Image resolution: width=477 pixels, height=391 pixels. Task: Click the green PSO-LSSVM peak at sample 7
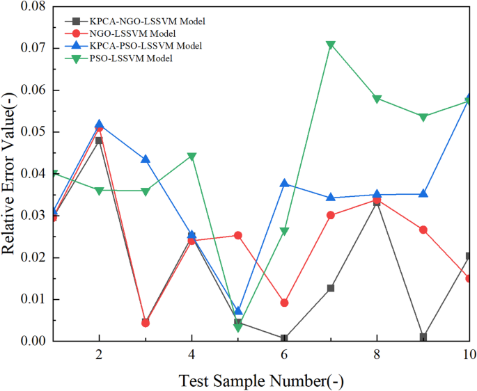click(x=331, y=45)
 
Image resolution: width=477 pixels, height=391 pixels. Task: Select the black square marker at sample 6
click(x=284, y=339)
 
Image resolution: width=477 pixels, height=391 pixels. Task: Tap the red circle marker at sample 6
click(x=284, y=303)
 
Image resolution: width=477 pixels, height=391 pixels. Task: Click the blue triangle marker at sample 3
click(x=145, y=159)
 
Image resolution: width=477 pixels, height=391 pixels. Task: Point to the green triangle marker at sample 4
click(x=191, y=157)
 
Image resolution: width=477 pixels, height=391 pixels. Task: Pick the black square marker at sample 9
click(x=423, y=337)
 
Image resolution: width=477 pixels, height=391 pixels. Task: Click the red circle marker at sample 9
click(x=423, y=230)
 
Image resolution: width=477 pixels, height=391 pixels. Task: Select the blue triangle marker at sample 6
click(x=284, y=183)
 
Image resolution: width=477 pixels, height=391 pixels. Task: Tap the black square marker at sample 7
click(x=331, y=288)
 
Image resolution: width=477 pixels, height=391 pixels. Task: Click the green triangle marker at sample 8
click(x=377, y=99)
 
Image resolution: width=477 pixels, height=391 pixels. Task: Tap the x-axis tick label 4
click(x=191, y=354)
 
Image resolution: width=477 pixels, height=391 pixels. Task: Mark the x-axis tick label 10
click(x=469, y=354)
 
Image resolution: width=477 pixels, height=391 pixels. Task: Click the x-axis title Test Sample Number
click(x=261, y=380)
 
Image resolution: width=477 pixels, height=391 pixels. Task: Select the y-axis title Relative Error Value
click(x=10, y=174)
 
